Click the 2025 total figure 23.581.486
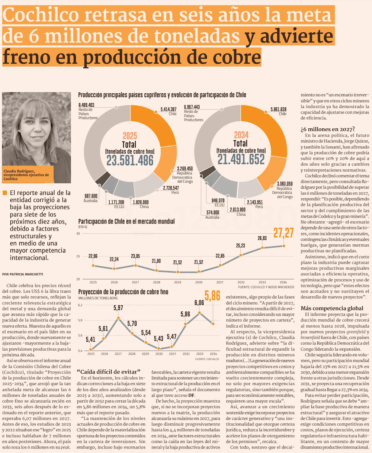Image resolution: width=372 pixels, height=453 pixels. point(130,160)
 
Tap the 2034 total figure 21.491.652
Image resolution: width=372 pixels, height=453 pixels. point(241,159)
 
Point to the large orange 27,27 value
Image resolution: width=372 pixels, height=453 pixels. point(283,233)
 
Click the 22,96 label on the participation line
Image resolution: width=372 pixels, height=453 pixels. point(93,256)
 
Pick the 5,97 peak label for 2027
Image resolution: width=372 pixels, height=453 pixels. point(118,308)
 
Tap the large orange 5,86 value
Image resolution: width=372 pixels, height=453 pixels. point(212,296)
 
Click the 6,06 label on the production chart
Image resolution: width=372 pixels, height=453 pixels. point(199,303)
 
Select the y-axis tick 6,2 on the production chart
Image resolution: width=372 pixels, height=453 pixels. point(80,305)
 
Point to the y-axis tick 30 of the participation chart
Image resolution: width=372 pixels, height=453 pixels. point(78,234)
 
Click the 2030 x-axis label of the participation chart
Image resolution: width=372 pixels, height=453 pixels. point(199,282)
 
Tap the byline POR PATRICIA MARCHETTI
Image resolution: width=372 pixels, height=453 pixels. point(23,274)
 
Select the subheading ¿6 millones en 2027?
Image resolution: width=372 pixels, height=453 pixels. point(327,129)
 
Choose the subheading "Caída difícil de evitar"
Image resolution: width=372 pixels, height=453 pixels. point(108,372)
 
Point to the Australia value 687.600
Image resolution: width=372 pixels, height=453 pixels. point(91,196)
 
